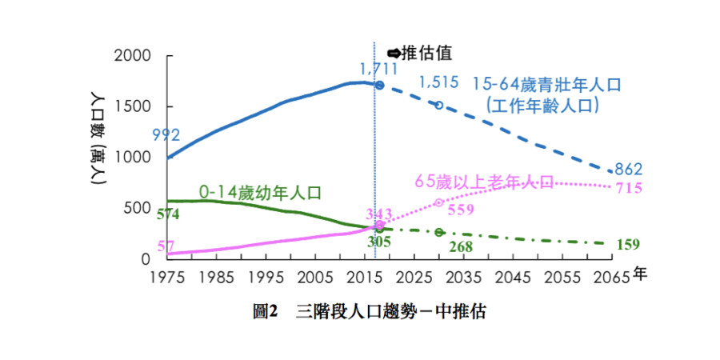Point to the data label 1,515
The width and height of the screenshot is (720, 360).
click(x=438, y=82)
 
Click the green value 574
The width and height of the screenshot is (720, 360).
click(x=167, y=214)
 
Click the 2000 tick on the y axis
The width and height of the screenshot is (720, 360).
click(x=133, y=56)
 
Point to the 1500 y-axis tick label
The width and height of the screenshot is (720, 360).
click(x=133, y=107)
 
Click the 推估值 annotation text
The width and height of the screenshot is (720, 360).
click(x=426, y=53)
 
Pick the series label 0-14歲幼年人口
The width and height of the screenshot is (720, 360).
click(x=260, y=192)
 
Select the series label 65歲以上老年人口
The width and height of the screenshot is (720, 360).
click(x=484, y=182)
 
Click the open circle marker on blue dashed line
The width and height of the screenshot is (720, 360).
click(x=438, y=105)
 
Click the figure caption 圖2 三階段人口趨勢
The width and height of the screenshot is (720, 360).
click(x=369, y=312)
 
